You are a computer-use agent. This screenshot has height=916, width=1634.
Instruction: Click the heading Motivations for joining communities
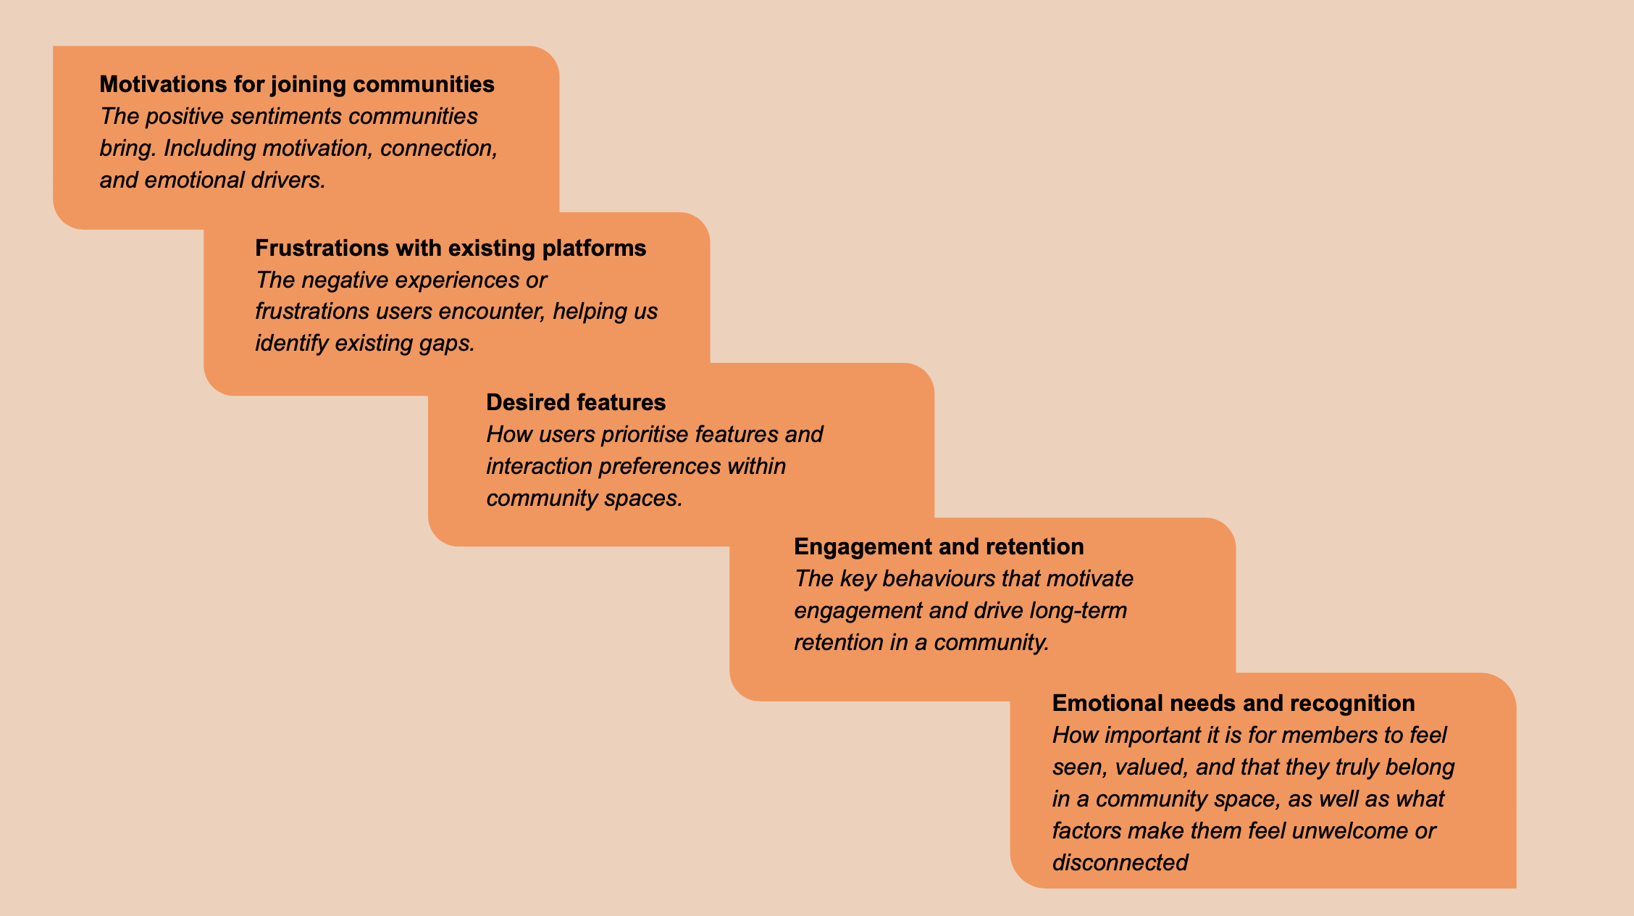tap(297, 85)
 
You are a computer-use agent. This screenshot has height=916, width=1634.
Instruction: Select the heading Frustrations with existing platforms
tap(451, 248)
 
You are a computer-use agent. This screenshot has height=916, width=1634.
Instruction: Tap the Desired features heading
tap(576, 402)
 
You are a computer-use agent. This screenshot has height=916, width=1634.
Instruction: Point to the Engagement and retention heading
tap(939, 547)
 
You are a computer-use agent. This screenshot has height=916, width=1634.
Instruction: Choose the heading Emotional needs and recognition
tap(1233, 703)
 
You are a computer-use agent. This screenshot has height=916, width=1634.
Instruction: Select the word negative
tap(345, 280)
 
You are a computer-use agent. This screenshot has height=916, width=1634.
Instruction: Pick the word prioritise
tap(645, 435)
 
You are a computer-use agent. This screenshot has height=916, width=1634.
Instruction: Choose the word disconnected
tap(1120, 862)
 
